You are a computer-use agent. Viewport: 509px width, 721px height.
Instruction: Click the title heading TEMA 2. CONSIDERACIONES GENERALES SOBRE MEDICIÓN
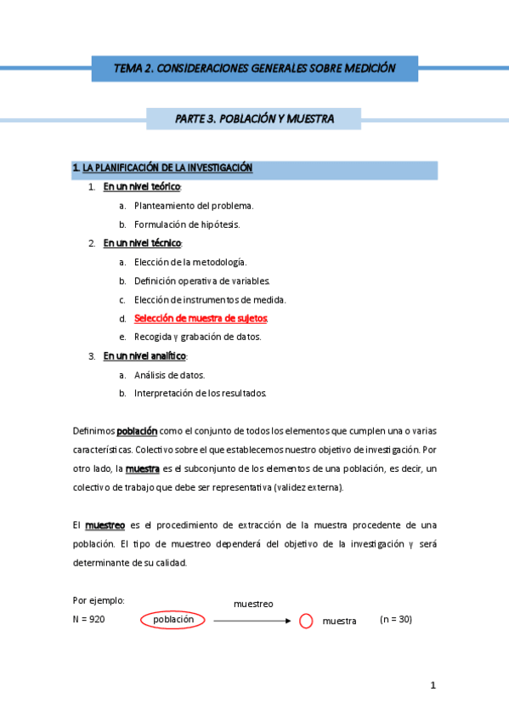[x=254, y=68]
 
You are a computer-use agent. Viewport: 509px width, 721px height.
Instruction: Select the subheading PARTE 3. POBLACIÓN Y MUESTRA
[x=254, y=119]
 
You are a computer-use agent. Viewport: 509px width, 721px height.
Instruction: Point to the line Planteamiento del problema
[x=194, y=206]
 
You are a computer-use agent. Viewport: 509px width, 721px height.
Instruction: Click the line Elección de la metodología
[x=190, y=262]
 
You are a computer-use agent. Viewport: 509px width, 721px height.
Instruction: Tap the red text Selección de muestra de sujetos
[x=201, y=318]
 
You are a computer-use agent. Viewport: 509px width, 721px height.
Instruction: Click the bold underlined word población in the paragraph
[x=137, y=431]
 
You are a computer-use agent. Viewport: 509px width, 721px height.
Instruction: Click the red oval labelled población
[x=173, y=620]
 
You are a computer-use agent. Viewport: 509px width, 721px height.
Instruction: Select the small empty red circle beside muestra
[x=306, y=622]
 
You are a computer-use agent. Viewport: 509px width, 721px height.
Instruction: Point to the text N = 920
[x=89, y=620]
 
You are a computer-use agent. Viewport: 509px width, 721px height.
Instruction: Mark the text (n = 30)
[x=395, y=620]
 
